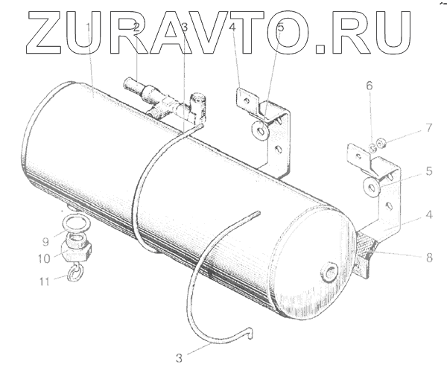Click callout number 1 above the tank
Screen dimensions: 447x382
coord(89,28)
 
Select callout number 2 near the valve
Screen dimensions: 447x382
coord(136,28)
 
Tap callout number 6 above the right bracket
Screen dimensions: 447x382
coord(369,86)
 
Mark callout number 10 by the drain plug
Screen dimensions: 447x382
coord(45,258)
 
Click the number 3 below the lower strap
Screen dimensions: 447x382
coord(179,358)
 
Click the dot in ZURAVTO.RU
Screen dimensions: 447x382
coord(321,50)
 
